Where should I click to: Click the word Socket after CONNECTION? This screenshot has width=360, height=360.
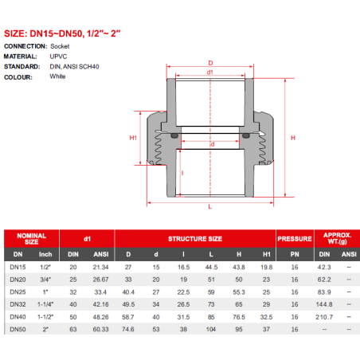[60, 46]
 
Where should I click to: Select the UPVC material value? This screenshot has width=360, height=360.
[58, 57]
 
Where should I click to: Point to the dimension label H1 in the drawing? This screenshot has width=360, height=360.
[133, 138]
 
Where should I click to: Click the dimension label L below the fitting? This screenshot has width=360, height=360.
[210, 206]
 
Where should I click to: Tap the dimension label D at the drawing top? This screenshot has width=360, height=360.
[210, 63]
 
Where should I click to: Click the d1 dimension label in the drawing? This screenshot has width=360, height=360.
[210, 72]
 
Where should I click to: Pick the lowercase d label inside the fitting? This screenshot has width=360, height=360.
[213, 144]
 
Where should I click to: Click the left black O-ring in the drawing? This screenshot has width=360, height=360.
[174, 135]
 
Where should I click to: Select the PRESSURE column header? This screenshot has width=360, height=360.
[295, 239]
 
